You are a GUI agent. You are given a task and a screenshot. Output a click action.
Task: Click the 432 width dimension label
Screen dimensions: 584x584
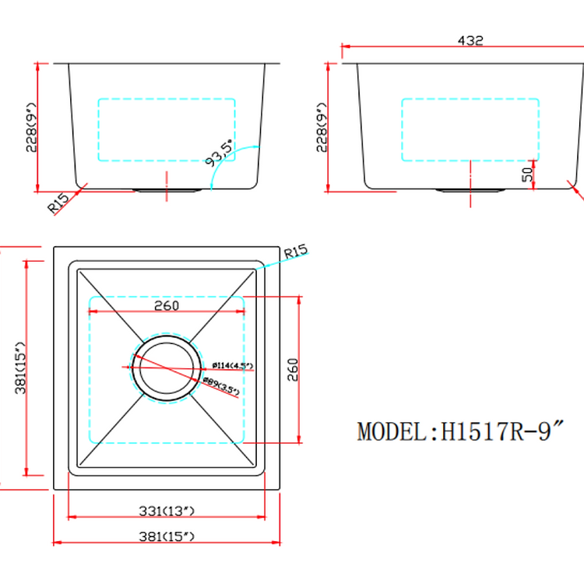click(471, 40)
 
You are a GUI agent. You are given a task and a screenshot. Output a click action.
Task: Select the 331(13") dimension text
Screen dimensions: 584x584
click(167, 511)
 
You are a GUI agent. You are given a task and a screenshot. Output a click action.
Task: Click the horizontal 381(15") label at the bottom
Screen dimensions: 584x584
click(167, 537)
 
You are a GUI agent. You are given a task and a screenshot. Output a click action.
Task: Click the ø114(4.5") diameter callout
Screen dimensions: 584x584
click(232, 365)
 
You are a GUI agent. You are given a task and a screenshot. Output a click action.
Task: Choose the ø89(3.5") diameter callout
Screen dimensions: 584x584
click(221, 385)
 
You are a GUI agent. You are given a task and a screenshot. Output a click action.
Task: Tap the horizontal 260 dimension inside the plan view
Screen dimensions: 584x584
click(167, 306)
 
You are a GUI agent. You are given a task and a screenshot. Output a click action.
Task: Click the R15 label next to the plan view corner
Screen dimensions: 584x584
click(296, 252)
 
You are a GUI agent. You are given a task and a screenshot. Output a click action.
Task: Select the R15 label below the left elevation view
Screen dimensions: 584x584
click(59, 204)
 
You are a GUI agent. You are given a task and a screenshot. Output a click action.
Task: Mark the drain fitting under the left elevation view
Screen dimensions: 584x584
click(167, 188)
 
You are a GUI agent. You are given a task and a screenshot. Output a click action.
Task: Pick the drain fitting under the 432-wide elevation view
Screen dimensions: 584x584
click(470, 188)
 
